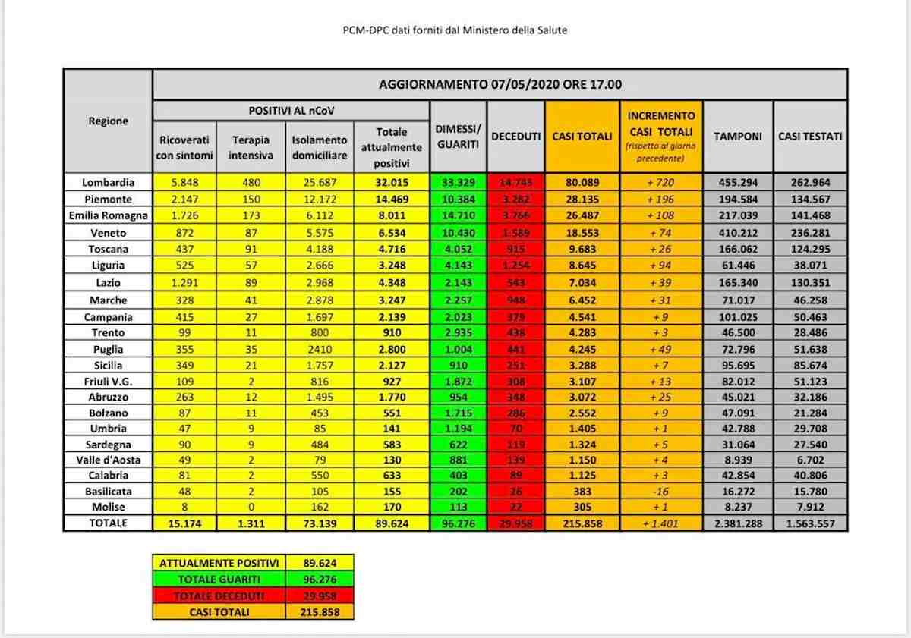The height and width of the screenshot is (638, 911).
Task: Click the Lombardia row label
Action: (x=108, y=182)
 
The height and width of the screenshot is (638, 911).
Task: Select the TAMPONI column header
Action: (x=737, y=136)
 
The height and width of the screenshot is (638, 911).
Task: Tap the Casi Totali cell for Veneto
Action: (x=582, y=233)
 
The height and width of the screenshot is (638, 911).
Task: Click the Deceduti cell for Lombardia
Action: (x=515, y=183)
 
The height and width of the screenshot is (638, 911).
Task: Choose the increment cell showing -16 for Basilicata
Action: (x=661, y=491)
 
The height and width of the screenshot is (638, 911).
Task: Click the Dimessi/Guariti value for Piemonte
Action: (x=458, y=199)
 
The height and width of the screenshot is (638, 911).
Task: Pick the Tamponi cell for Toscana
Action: (x=737, y=249)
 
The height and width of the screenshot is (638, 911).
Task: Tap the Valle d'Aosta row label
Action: (x=108, y=460)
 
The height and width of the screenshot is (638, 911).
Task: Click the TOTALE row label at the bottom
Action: (x=108, y=523)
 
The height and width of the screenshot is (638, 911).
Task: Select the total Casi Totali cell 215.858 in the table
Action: (x=582, y=523)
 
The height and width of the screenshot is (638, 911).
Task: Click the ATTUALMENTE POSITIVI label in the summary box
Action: (x=219, y=563)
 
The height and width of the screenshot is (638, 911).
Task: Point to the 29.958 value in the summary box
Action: (x=321, y=596)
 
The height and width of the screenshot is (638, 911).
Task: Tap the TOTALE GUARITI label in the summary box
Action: (x=219, y=580)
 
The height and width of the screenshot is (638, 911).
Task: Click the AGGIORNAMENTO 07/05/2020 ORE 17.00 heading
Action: (x=500, y=84)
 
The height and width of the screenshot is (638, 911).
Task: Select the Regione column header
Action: (x=108, y=121)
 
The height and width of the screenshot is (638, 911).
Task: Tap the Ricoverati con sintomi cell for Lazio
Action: (x=184, y=283)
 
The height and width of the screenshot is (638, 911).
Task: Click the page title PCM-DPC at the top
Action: (x=455, y=30)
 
